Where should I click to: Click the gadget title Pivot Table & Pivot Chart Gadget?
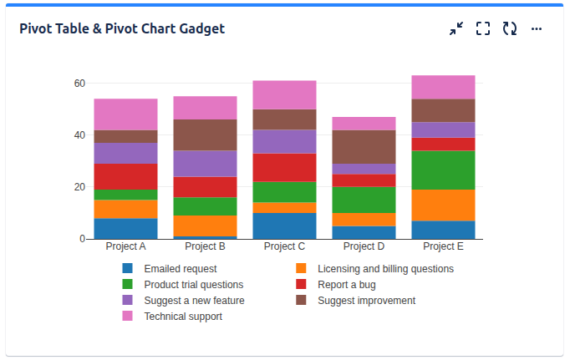[122, 28]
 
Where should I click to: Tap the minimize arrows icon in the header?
[455, 28]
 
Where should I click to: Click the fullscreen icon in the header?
[482, 28]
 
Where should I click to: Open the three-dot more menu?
[537, 28]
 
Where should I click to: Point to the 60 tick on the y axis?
[79, 84]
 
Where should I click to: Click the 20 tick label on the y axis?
[79, 187]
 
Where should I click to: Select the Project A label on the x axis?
[126, 247]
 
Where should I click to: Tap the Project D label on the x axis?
[364, 247]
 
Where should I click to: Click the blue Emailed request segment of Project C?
[284, 226]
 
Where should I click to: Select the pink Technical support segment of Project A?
[126, 114]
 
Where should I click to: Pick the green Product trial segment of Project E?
[443, 170]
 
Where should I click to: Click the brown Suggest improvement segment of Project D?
[364, 147]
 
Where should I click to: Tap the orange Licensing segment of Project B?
[205, 226]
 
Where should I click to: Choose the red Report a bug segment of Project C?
[284, 167]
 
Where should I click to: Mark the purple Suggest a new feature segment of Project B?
[205, 164]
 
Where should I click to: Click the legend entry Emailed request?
[180, 269]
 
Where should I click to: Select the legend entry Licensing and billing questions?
[385, 269]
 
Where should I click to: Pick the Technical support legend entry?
[182, 317]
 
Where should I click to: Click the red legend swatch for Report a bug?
[302, 285]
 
